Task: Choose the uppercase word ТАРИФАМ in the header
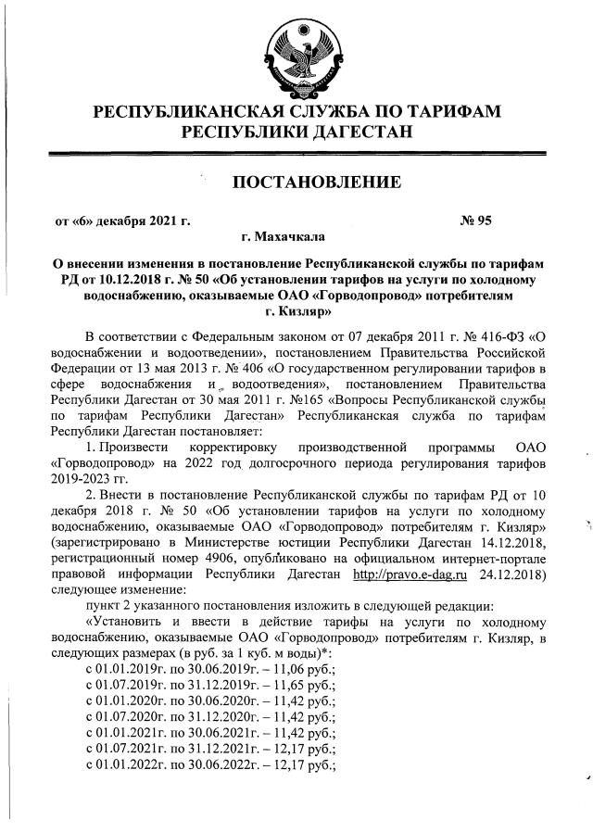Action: pyautogui.click(x=435, y=112)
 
